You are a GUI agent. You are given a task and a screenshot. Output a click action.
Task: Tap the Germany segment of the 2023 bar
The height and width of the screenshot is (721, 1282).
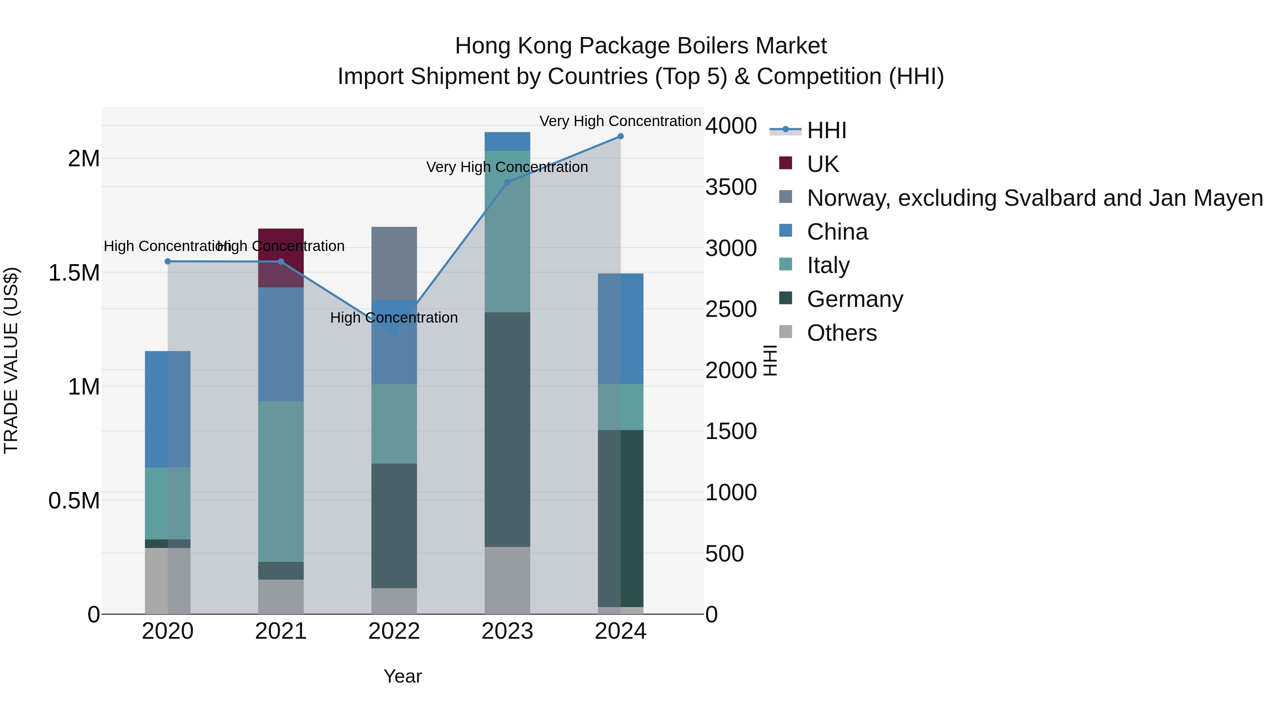[x=507, y=429]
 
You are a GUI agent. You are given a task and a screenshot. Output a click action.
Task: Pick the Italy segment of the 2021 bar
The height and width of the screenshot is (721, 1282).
[x=281, y=481]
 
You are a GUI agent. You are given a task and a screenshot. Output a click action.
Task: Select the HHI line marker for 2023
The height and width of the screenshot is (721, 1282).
[x=507, y=182]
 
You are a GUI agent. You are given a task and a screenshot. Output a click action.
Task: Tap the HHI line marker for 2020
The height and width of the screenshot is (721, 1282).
[x=167, y=262]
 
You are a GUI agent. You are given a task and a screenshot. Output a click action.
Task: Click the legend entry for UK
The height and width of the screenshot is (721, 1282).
[x=822, y=164]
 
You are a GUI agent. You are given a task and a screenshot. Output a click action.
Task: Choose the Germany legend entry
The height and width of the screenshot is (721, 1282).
[x=855, y=299]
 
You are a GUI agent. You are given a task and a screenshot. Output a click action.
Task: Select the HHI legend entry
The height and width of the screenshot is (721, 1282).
[x=826, y=130]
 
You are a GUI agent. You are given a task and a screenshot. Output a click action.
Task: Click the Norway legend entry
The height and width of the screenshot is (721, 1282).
[x=1034, y=198]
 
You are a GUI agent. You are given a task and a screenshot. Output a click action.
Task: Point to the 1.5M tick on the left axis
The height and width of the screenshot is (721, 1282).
[x=74, y=273]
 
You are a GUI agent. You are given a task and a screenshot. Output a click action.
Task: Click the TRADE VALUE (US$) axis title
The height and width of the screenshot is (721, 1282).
[x=11, y=360]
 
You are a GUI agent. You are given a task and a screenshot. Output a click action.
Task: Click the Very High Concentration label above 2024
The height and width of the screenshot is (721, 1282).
[x=620, y=121]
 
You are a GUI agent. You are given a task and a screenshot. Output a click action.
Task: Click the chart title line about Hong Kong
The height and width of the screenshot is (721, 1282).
[x=641, y=46]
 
